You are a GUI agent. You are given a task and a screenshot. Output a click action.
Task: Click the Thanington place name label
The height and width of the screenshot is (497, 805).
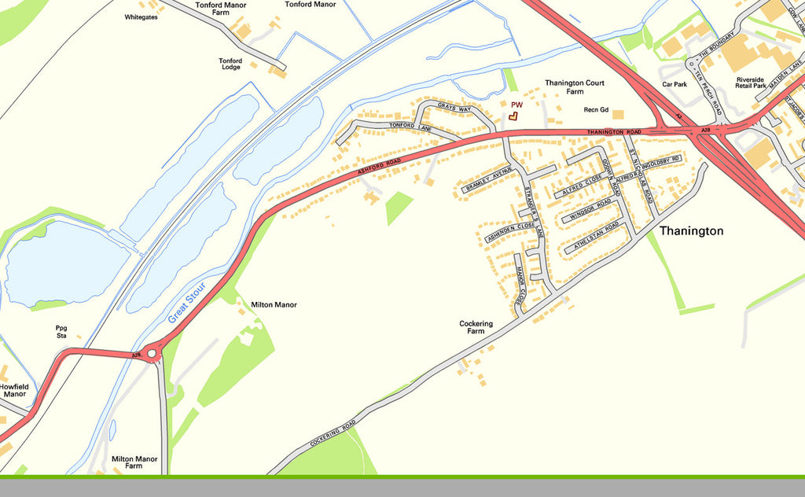pyautogui.click(x=691, y=231)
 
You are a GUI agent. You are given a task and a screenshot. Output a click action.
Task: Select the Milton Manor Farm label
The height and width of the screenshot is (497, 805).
pyautogui.click(x=134, y=462)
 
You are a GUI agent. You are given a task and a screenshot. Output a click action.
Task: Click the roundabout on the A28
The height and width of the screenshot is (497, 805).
pyautogui.click(x=152, y=355)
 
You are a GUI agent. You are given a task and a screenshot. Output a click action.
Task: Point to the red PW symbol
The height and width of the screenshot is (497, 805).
pyautogui.click(x=513, y=115)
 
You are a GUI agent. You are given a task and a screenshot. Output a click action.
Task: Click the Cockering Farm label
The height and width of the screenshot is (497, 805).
pyautogui.click(x=476, y=327)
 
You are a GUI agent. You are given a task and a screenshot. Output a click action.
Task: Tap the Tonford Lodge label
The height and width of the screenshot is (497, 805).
pyautogui.click(x=230, y=64)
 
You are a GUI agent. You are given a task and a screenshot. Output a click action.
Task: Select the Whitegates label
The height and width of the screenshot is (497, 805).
pyautogui.click(x=141, y=17)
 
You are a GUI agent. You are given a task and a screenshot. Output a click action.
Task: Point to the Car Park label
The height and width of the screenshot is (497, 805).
pyautogui.click(x=675, y=84)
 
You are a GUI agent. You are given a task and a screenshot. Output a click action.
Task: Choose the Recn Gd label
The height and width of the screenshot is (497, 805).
pyautogui.click(x=596, y=110)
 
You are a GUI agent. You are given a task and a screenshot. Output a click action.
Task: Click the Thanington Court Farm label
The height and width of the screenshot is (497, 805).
pyautogui.click(x=575, y=87)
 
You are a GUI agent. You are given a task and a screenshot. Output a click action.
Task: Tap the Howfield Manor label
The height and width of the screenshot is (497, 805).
pyautogui.click(x=13, y=390)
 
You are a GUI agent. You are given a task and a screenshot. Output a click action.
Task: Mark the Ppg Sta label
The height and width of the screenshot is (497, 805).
pyautogui.click(x=61, y=332)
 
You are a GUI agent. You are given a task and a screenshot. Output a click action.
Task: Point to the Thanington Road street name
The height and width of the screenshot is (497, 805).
pyautogui.click(x=614, y=131)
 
